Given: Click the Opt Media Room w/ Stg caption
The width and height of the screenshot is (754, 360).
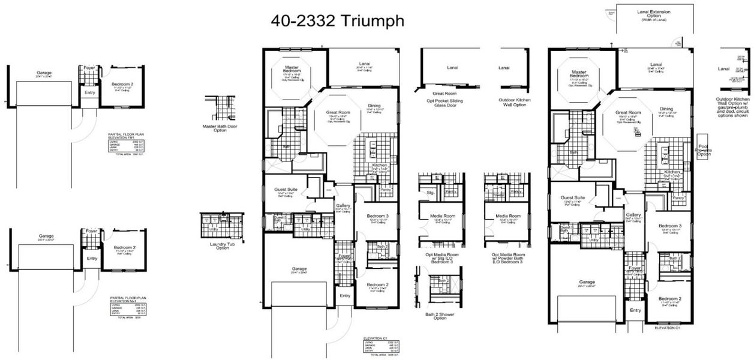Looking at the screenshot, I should [440, 258].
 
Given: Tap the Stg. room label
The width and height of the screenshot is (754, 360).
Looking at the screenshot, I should [430, 193].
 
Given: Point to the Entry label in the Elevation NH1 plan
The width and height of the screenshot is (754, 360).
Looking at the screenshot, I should [91, 258].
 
